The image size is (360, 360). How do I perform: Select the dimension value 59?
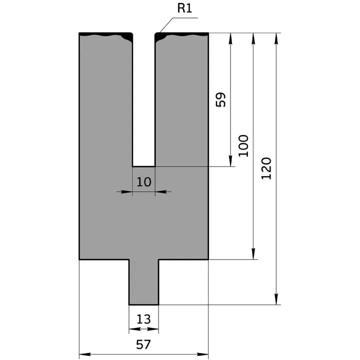221,99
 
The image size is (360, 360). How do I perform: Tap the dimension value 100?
243,145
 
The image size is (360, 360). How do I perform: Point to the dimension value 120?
266,168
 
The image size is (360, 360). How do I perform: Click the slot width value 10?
143,181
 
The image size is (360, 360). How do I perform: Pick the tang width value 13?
143,319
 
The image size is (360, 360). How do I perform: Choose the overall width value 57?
143,344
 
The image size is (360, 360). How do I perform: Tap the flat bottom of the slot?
144,166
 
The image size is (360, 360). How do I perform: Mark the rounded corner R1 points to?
157,35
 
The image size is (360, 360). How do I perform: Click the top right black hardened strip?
182,34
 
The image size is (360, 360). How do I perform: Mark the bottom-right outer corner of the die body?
208,259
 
